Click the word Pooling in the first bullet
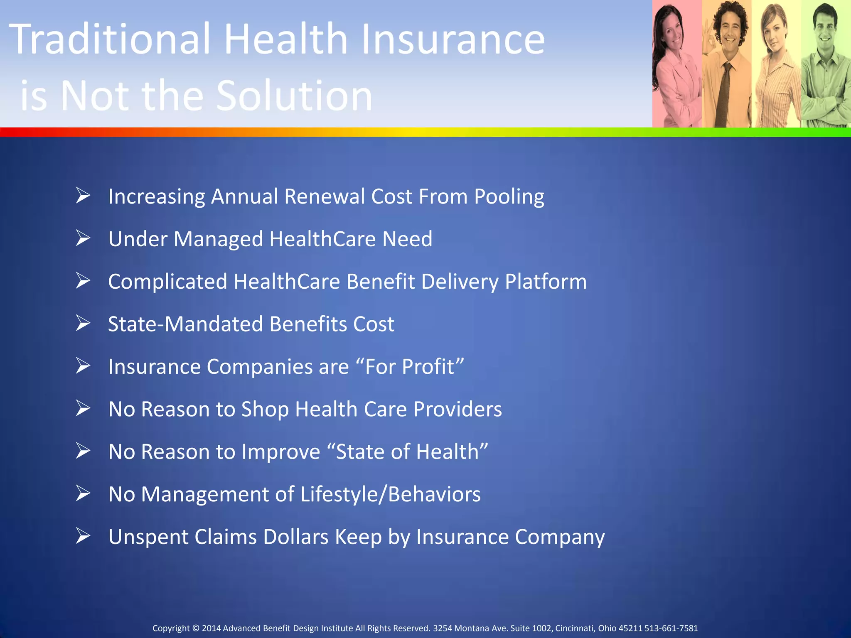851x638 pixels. (509, 197)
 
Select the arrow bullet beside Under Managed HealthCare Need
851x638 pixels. (83, 238)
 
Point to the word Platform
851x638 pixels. (546, 282)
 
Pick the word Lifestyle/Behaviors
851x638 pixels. (390, 495)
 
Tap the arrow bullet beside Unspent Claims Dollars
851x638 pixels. (83, 536)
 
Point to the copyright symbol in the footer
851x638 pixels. (196, 628)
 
